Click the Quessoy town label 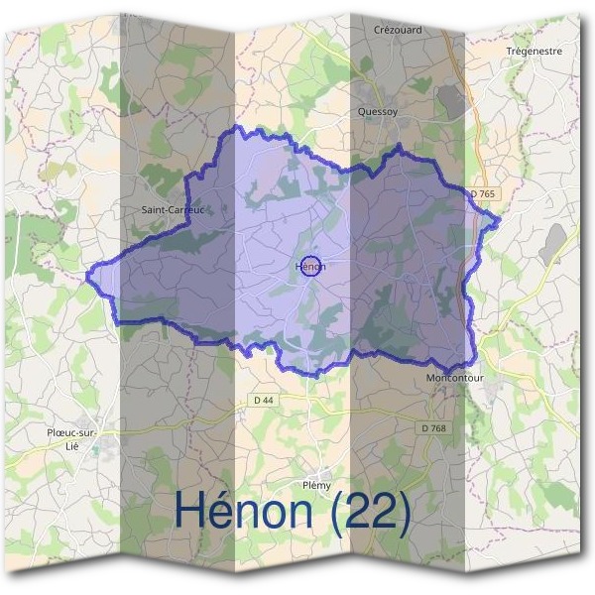pos(377,112)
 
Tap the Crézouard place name pos(398,30)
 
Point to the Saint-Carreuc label pos(173,210)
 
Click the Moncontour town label pos(453,379)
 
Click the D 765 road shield pos(482,193)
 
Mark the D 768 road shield pos(432,427)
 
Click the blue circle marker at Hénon pos(309,265)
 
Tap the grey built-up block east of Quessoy pos(449,98)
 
